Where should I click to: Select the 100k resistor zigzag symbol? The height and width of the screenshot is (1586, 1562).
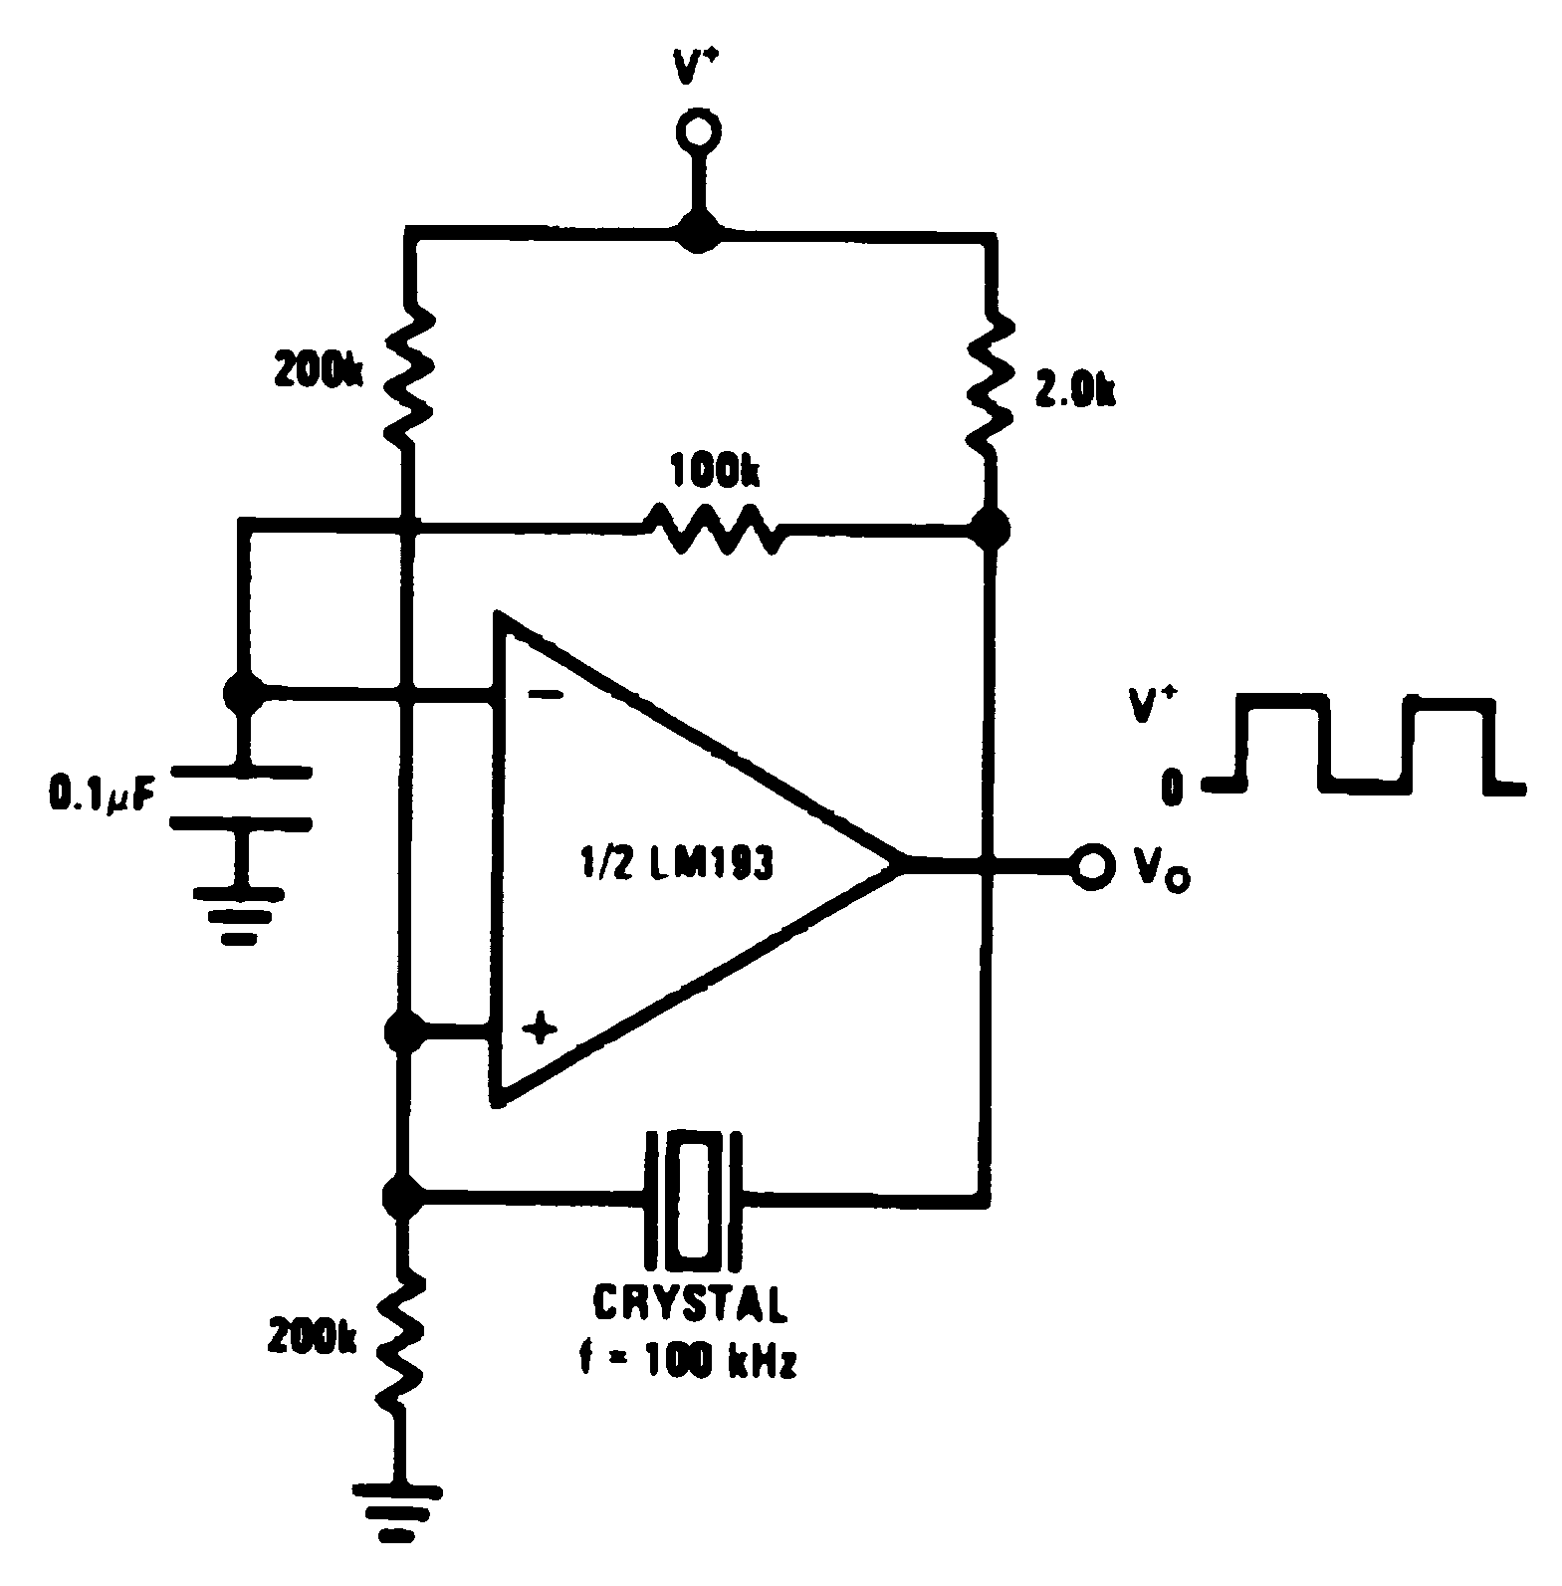pyautogui.click(x=713, y=529)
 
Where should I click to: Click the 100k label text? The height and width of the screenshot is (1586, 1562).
pyautogui.click(x=714, y=471)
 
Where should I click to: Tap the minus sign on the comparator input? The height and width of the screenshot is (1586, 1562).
pyautogui.click(x=544, y=693)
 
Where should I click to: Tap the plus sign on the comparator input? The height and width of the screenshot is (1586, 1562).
pyautogui.click(x=540, y=1026)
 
